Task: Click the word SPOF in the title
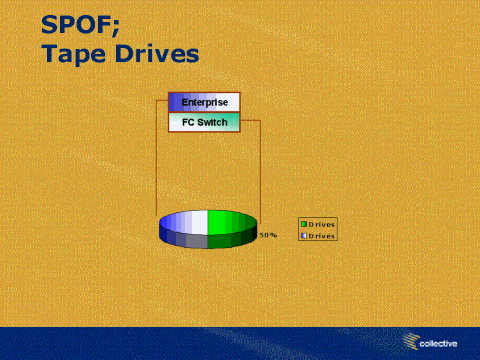point(77,25)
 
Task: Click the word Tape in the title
point(74,54)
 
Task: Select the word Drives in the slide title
point(157,53)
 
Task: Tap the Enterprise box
point(204,102)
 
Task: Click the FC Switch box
point(204,122)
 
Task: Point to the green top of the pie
point(231,222)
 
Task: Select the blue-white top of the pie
point(185,222)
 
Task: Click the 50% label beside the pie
point(268,235)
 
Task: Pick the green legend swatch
point(304,224)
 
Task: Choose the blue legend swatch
point(304,236)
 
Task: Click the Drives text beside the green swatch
point(321,224)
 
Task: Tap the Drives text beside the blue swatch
point(321,236)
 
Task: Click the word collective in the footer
point(438,343)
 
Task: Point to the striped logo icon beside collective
point(410,341)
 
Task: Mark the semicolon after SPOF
point(115,27)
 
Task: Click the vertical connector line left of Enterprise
point(156,157)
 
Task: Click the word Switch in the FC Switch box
point(212,122)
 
